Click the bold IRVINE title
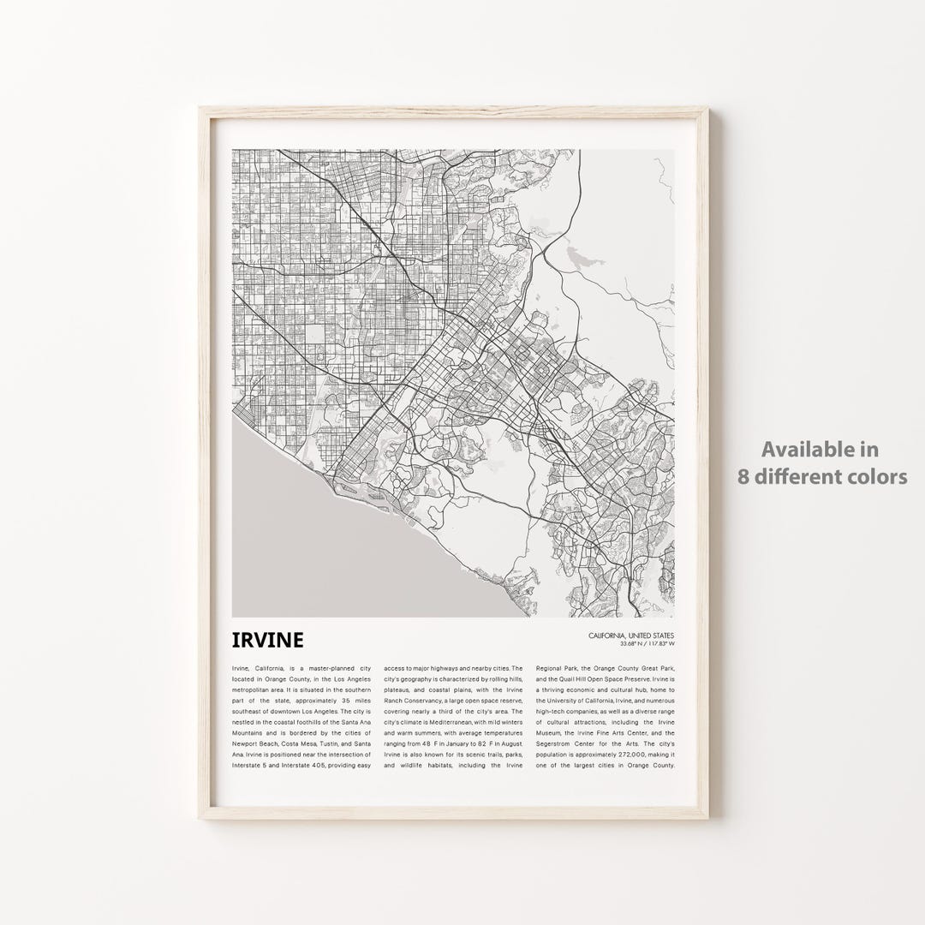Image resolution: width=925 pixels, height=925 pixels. [x=266, y=640]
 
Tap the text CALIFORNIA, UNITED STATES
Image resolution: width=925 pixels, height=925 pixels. [x=631, y=635]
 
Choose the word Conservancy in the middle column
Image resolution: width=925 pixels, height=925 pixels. [x=436, y=700]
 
